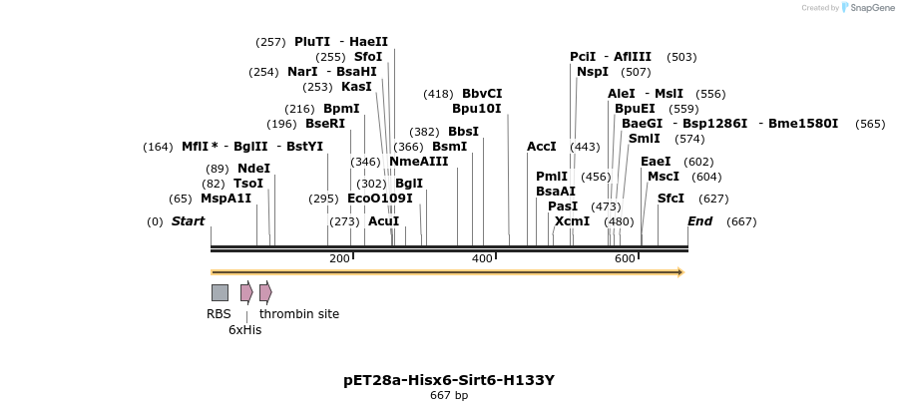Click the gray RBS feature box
(x=220, y=292)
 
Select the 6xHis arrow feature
(x=246, y=292)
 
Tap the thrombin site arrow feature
(x=265, y=292)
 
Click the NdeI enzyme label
(x=253, y=169)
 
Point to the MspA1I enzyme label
(x=225, y=199)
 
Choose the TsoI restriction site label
(x=248, y=184)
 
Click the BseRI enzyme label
(x=325, y=124)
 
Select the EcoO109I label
(x=380, y=199)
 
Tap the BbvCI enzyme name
(x=482, y=94)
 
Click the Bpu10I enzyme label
(x=477, y=109)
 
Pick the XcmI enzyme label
(x=572, y=221)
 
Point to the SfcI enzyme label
(x=671, y=199)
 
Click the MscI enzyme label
(x=664, y=177)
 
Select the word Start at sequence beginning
(x=188, y=221)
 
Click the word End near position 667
(x=700, y=221)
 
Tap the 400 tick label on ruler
(x=482, y=259)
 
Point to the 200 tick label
(x=339, y=259)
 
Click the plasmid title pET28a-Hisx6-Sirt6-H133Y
(x=449, y=380)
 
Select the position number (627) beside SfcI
(x=713, y=199)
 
